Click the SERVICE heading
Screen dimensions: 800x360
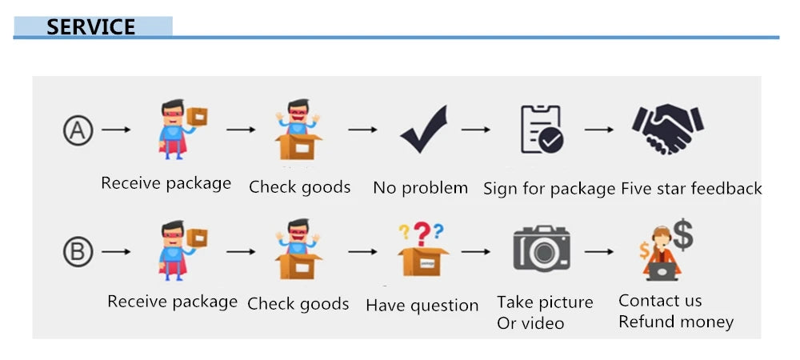pos(91,27)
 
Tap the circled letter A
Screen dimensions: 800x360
pos(78,130)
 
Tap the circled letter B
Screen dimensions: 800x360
pos(78,252)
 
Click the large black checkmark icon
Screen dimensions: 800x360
pos(424,129)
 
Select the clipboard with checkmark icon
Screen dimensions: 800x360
pos(542,130)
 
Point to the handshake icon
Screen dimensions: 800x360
pos(667,129)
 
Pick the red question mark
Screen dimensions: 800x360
pos(422,234)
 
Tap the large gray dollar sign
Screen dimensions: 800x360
pos(682,234)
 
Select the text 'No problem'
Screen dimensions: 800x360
pos(421,188)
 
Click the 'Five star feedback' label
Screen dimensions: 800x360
pos(691,189)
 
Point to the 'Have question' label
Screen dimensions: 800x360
pos(422,306)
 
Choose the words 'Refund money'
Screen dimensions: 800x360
pos(676,322)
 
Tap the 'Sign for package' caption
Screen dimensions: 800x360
pos(549,189)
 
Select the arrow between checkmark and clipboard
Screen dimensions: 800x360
pos(475,130)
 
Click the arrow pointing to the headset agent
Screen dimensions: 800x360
pos(599,252)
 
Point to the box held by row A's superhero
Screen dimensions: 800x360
pos(197,117)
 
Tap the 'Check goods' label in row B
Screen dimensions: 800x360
pos(298,305)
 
